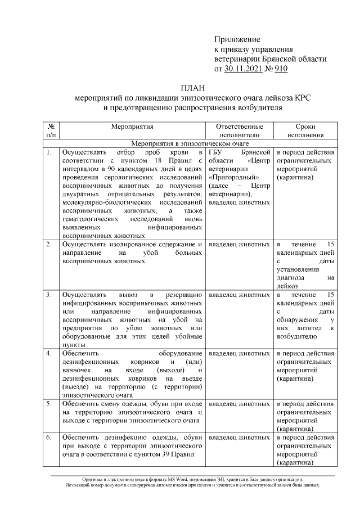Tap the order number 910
pos(280,69)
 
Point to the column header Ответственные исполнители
pos(239,131)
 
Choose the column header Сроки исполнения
pos(305,131)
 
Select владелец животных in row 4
pos(239,353)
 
